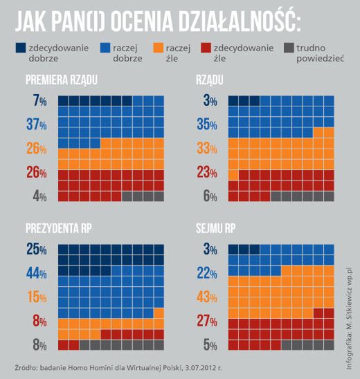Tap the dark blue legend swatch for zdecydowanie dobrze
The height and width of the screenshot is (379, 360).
click(x=23, y=48)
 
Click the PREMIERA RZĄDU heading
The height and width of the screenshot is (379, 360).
click(x=62, y=82)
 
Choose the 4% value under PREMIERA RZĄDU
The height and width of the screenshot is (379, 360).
click(x=39, y=196)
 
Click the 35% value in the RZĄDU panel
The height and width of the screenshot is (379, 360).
click(x=206, y=125)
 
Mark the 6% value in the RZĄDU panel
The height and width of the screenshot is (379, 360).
click(x=210, y=196)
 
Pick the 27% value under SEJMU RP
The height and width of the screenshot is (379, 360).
click(x=206, y=321)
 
